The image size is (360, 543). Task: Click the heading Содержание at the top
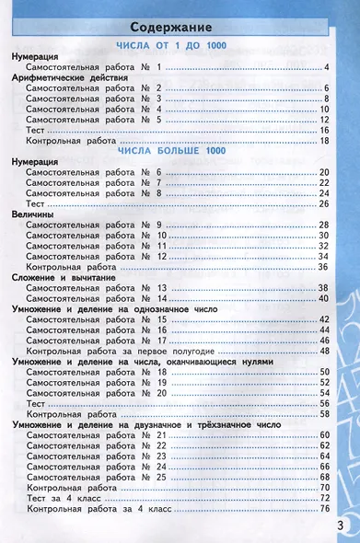(179, 27)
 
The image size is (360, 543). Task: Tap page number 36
(323, 267)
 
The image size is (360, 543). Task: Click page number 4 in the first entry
(326, 67)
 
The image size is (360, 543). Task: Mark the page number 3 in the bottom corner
(341, 526)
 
